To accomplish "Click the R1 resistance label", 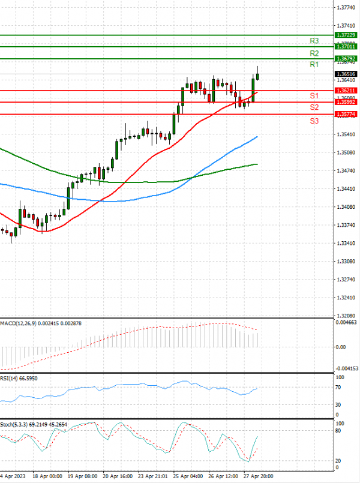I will (314, 64).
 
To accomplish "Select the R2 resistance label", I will (314, 53).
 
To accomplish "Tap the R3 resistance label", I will (314, 41).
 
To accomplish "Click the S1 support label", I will (314, 96).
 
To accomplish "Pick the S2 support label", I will (314, 107).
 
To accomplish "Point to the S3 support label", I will (314, 121).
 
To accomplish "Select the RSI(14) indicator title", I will (12, 379).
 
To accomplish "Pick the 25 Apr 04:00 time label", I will (187, 475).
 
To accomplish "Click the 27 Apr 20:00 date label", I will (257, 475).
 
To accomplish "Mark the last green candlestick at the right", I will (257, 76).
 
